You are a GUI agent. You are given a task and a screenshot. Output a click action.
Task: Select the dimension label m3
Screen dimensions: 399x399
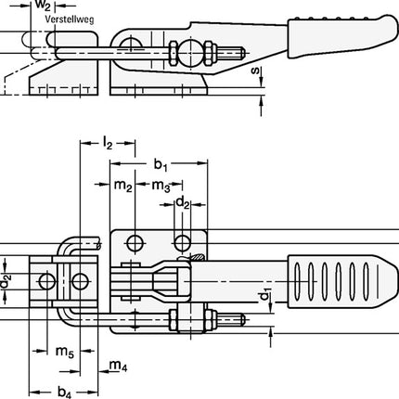tap(160, 186)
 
